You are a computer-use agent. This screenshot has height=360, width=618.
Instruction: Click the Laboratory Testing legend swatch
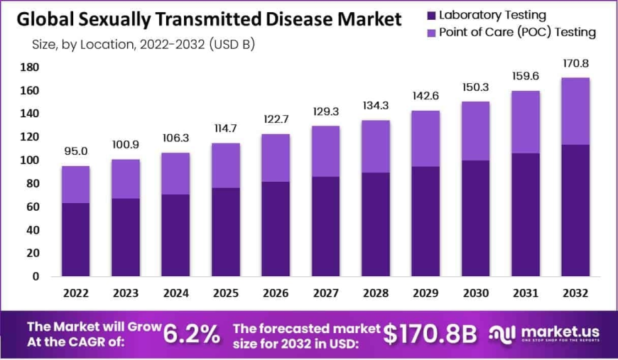click(x=431, y=15)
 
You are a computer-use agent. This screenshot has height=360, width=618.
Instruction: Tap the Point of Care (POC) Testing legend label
click(x=517, y=32)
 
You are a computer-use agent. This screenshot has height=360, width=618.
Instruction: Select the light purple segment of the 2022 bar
click(x=75, y=185)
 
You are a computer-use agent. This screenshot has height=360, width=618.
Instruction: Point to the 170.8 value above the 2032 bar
click(x=575, y=63)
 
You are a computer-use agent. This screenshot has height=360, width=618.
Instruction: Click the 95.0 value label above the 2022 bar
click(x=75, y=151)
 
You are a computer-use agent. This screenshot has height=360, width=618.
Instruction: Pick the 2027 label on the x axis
click(x=325, y=292)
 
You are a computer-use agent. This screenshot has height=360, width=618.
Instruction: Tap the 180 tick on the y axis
click(x=30, y=67)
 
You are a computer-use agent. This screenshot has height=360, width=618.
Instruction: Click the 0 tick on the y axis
click(x=35, y=276)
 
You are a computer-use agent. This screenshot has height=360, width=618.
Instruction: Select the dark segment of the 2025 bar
click(x=225, y=231)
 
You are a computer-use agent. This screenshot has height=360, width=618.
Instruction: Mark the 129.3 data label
click(x=325, y=111)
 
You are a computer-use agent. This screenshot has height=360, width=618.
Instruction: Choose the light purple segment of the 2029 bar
click(x=425, y=138)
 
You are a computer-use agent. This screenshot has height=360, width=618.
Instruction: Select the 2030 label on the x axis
click(x=475, y=292)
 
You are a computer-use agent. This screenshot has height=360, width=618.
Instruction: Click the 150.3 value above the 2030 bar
click(x=475, y=87)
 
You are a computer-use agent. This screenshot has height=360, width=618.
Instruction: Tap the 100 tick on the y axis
click(x=30, y=160)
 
